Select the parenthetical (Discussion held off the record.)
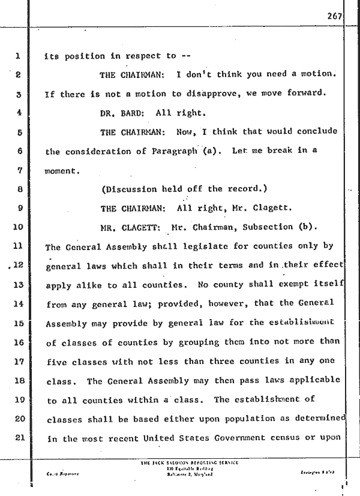coord(184,190)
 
